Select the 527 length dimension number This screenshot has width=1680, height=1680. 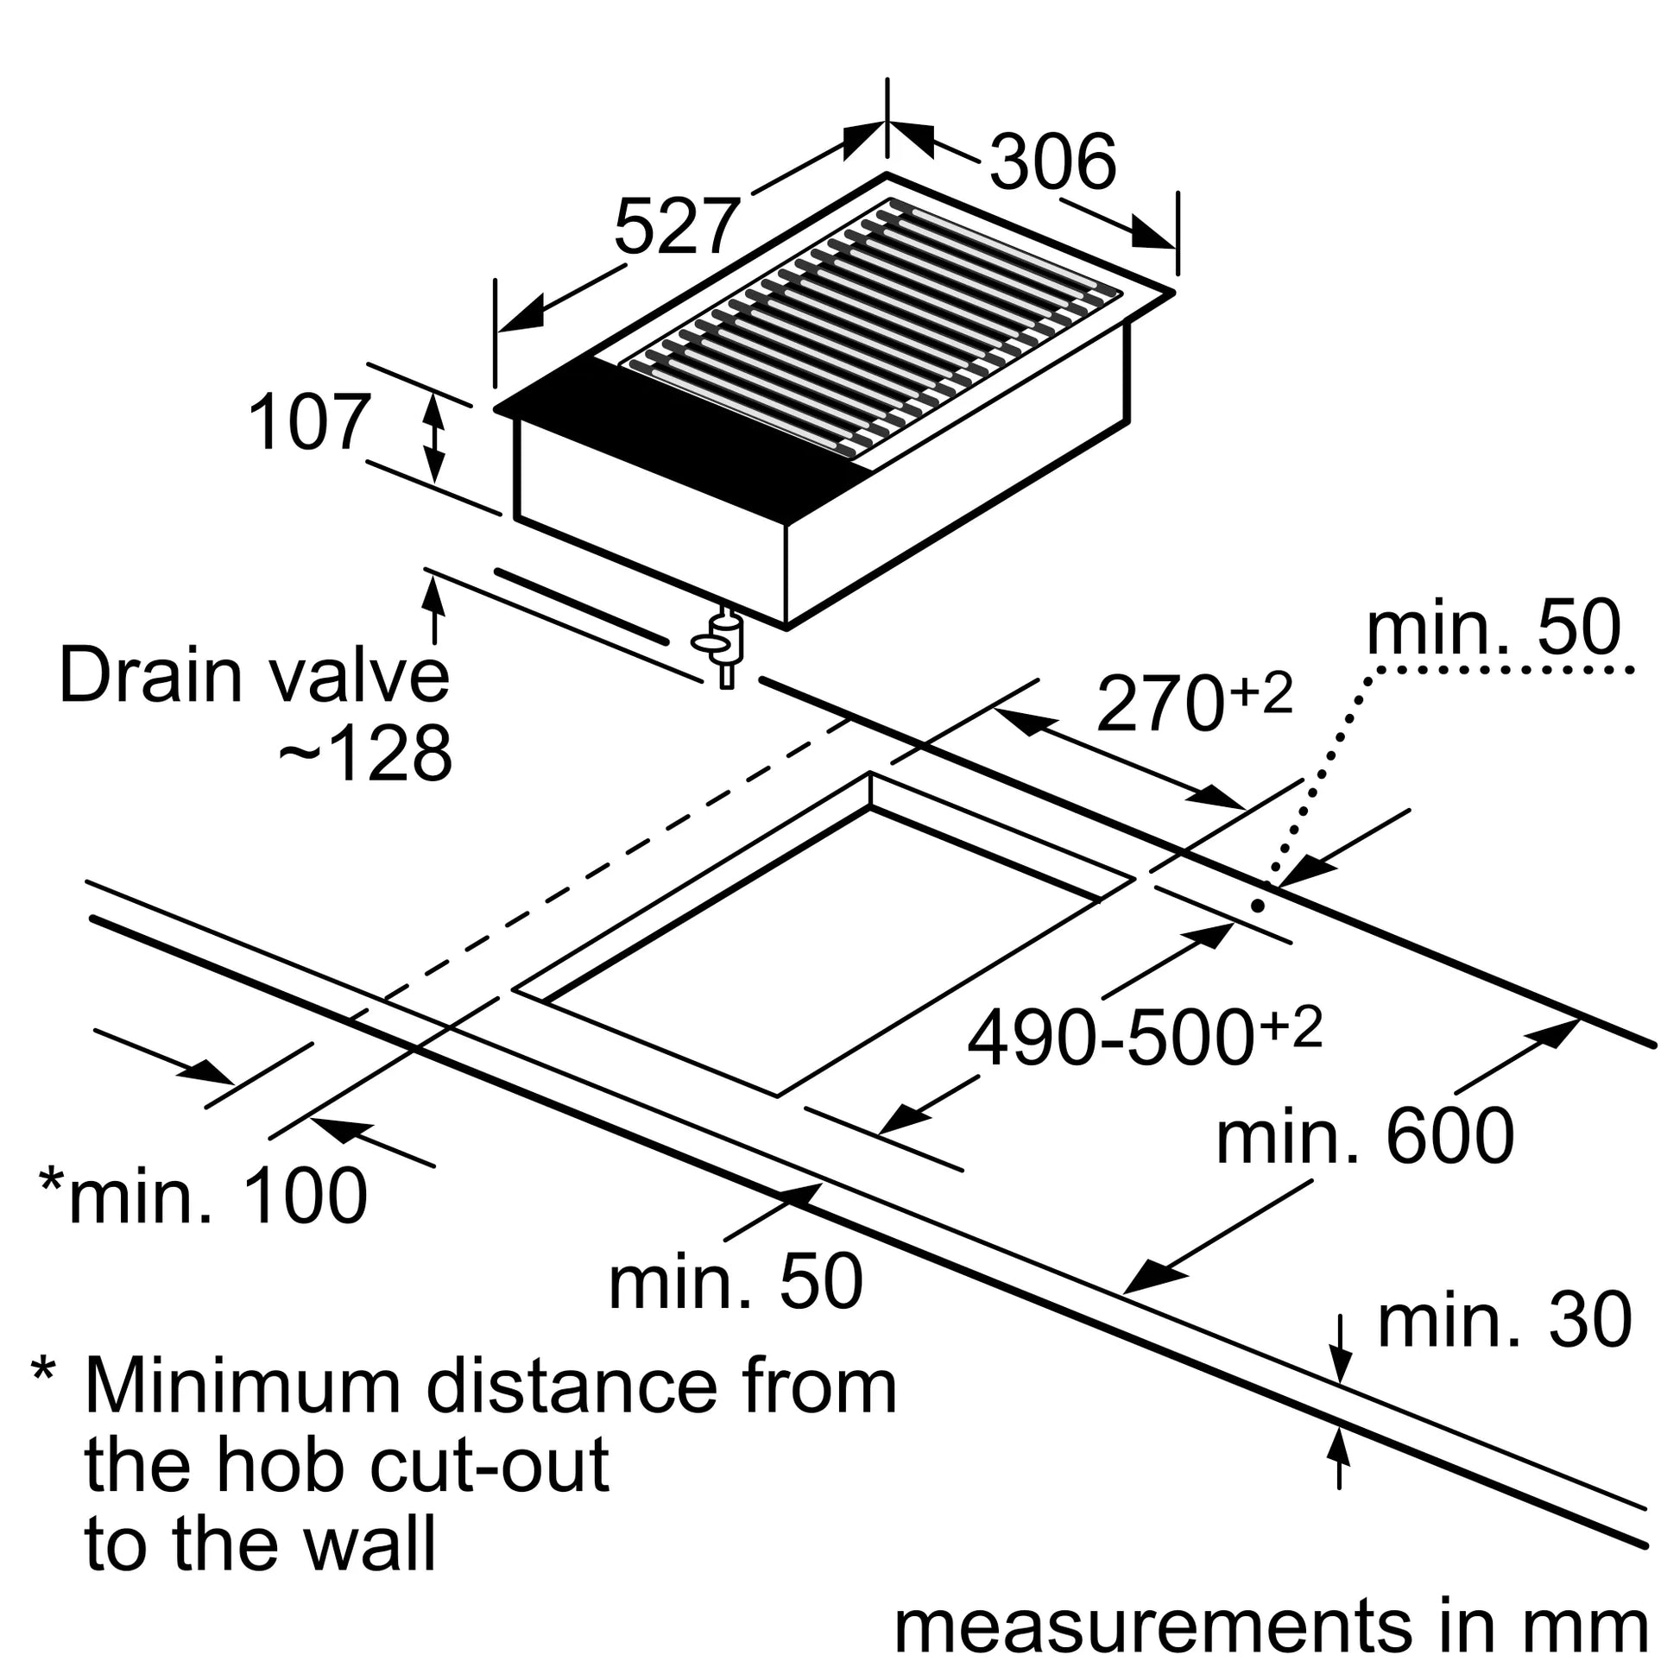[678, 226]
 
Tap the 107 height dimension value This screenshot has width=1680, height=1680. [310, 423]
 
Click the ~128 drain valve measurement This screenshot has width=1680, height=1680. [365, 753]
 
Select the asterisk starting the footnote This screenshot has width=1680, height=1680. [43, 1368]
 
